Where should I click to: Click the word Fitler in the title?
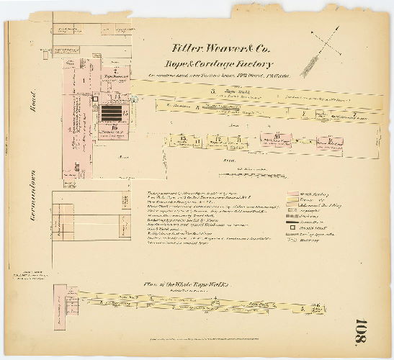187,49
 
